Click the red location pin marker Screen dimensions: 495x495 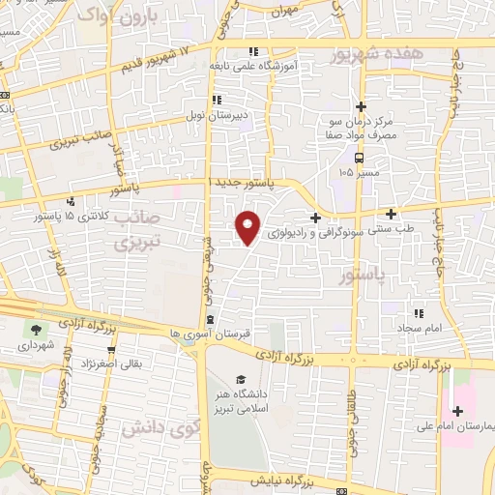pos(248,226)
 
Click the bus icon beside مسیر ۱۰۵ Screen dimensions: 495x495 pos(359,158)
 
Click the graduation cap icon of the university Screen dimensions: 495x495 pos(239,380)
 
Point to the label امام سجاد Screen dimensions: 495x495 pos(419,329)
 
